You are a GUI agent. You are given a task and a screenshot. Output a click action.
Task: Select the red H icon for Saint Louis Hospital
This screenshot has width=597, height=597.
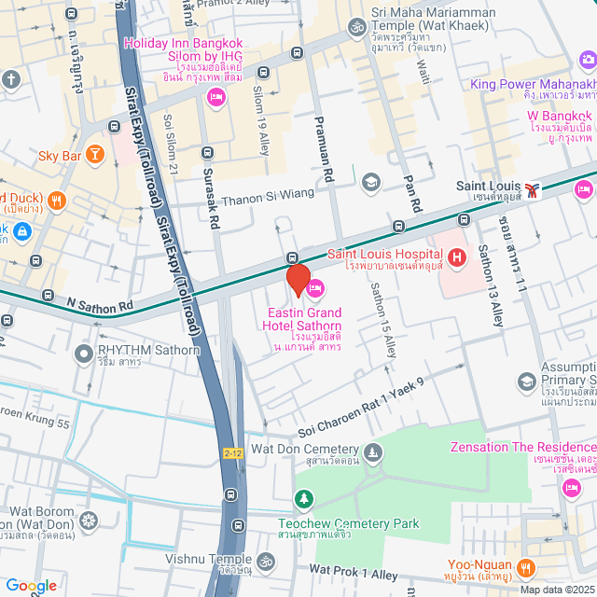tap(457, 257)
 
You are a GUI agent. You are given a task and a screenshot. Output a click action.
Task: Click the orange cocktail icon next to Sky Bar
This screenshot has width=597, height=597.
tap(94, 154)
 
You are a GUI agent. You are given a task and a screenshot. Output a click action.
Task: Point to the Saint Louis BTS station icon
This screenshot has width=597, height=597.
tap(532, 190)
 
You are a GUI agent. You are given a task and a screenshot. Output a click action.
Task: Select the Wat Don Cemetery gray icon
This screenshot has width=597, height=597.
tap(373, 453)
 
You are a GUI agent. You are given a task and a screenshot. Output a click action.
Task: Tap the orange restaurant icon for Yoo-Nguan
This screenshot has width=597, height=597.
tap(526, 566)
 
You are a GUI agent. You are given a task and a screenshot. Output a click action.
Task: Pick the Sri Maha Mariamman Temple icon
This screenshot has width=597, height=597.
tap(355, 28)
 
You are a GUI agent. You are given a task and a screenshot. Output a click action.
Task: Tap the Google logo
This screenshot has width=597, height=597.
tap(30, 585)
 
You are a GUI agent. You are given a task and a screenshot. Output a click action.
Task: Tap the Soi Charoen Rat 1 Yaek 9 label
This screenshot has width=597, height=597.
tap(360, 408)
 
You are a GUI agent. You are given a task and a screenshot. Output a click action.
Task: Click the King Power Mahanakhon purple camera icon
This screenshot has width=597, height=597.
tap(588, 61)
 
